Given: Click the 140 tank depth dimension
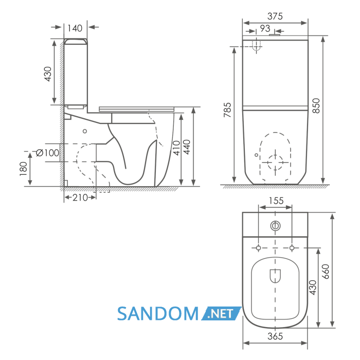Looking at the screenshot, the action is (75, 28).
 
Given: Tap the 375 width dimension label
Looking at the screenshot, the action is (275, 16).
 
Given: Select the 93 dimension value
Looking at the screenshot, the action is (265, 28).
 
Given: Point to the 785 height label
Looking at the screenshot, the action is (227, 110).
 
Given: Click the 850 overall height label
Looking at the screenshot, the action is (316, 105).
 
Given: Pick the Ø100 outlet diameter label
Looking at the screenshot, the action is (47, 153).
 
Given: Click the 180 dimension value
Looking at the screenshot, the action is (24, 169).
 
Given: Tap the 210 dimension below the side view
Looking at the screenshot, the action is (80, 197).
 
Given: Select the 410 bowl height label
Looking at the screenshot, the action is (176, 148).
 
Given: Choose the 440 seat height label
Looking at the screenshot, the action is (187, 147).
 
